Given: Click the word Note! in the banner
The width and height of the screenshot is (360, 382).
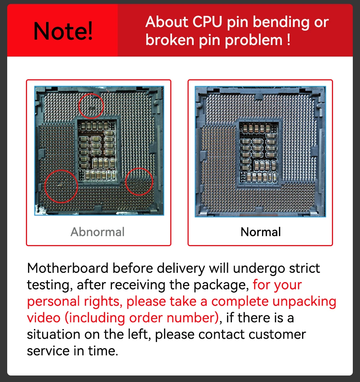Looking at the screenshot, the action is point(63,31).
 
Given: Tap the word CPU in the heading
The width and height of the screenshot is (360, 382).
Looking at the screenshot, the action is point(207,22).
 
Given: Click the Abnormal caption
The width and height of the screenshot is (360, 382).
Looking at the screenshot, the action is point(98,232).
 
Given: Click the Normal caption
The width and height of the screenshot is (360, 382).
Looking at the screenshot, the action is point(260,232).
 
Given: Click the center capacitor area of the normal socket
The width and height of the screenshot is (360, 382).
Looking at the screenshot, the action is point(258,152).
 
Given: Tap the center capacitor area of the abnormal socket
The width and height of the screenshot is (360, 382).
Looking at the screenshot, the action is point(96,150).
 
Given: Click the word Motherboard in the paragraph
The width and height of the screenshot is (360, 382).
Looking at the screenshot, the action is point(68,268).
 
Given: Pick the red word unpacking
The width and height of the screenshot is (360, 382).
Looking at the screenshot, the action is point(304,302).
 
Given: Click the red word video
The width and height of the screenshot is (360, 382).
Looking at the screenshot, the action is point(44,318).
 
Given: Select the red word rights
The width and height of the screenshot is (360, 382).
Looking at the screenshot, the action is point(103,302).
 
